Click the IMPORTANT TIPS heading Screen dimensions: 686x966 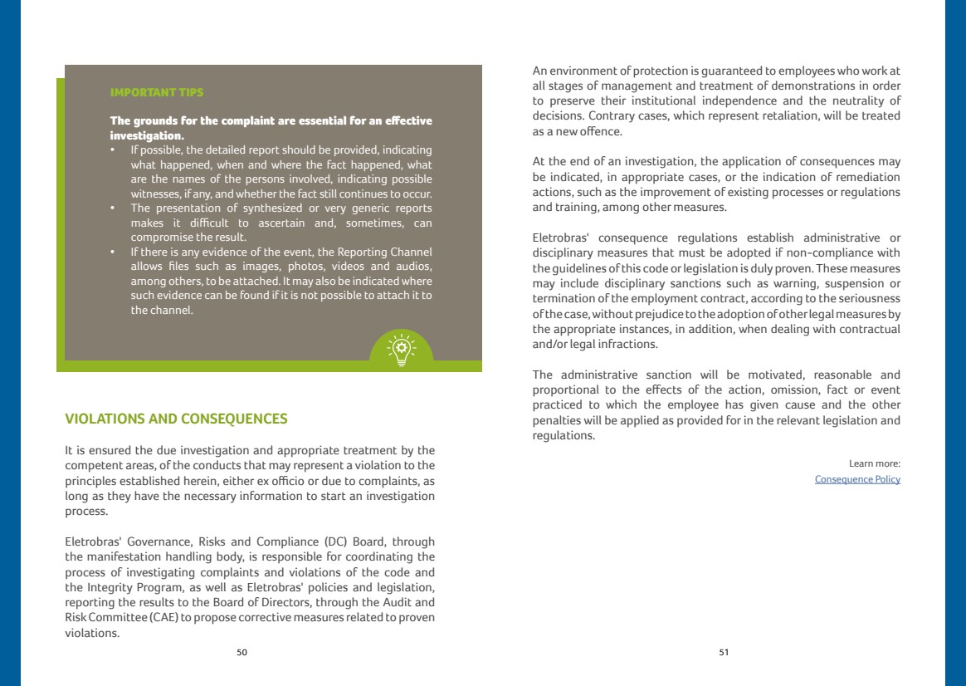tap(157, 91)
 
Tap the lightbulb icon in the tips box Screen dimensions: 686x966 tap(402, 348)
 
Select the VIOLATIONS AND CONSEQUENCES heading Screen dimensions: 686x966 tap(176, 419)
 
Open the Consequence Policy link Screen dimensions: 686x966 tap(857, 480)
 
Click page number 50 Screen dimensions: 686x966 tap(242, 653)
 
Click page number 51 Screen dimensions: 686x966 tap(724, 653)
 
